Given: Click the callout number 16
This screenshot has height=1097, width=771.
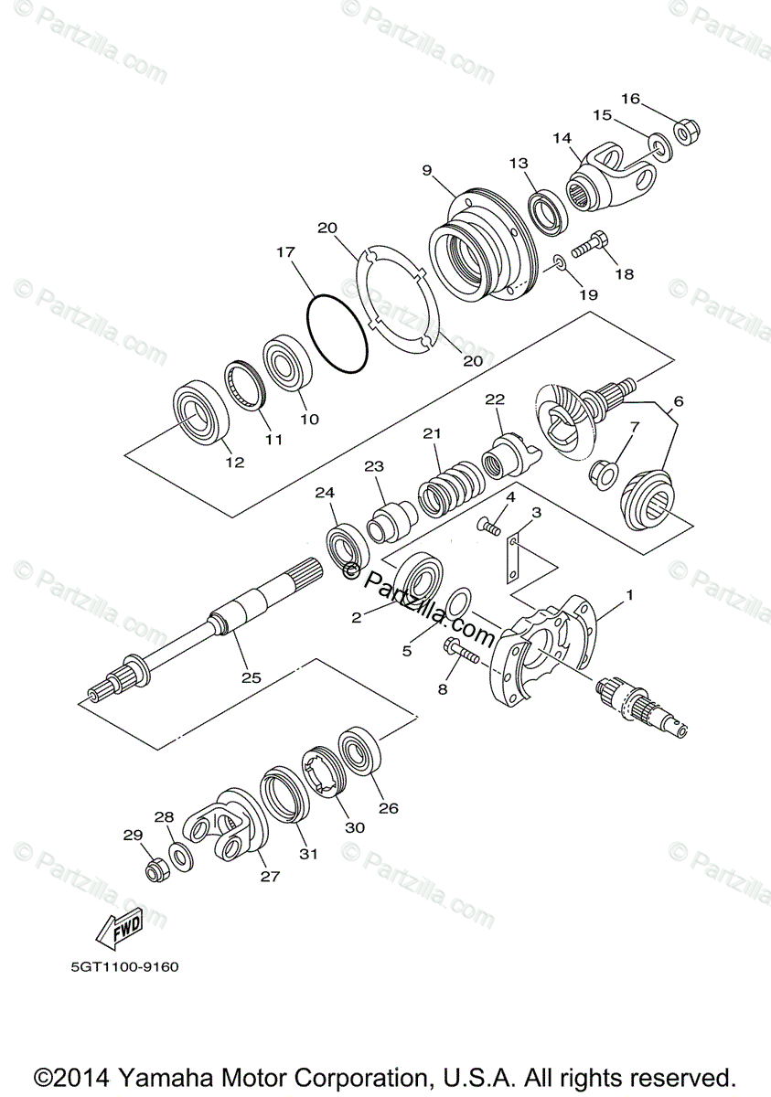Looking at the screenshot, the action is [630, 99].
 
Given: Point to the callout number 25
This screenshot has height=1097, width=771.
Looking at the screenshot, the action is [251, 677].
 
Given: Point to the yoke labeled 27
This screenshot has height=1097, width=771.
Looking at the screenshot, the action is [223, 824].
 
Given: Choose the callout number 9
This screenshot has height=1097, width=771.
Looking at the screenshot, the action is [426, 169].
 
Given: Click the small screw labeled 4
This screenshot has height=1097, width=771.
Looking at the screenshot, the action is [491, 526].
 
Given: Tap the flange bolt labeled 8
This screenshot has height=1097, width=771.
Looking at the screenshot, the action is [459, 652].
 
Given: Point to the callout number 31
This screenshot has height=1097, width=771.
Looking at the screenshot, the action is [308, 854].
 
